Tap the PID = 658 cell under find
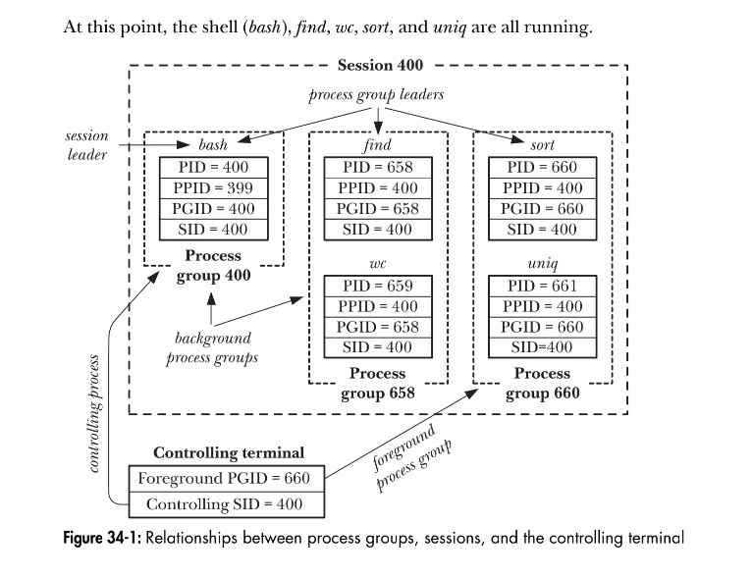tap(377, 167)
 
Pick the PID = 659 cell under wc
tap(377, 286)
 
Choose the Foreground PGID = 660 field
tap(225, 479)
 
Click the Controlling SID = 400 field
tap(225, 504)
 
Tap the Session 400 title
tap(380, 66)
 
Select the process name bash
tap(213, 144)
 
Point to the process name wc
tap(377, 264)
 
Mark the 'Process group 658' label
tap(377, 384)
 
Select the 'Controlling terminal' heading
tap(228, 453)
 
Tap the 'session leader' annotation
tap(87, 145)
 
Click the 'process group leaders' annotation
tap(376, 95)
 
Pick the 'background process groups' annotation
tap(212, 347)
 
